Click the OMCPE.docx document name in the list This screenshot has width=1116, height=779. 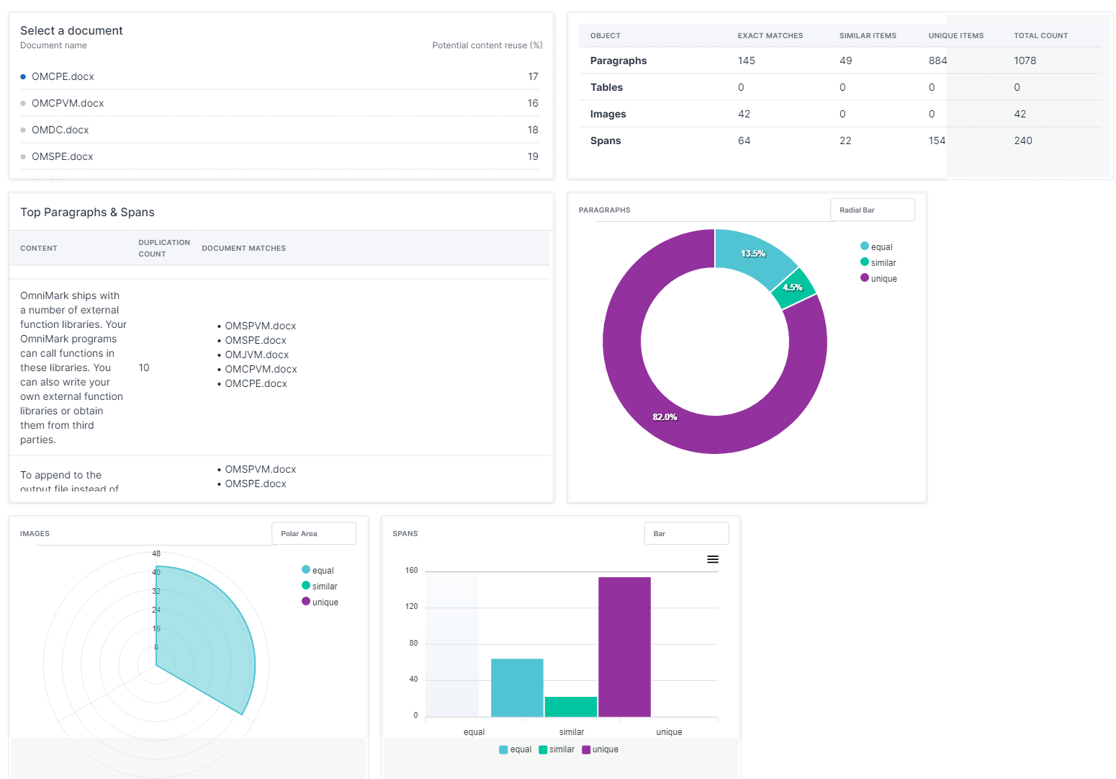coord(63,76)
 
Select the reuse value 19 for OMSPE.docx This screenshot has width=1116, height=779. coord(532,156)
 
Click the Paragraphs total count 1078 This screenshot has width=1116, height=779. coord(1025,61)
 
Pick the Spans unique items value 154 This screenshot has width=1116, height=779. coord(936,141)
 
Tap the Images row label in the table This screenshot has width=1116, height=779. coord(608,114)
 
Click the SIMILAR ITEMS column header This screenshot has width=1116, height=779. coord(867,35)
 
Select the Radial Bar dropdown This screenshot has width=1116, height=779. coord(872,210)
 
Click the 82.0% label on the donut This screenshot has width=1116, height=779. coord(664,417)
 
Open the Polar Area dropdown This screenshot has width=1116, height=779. coord(313,533)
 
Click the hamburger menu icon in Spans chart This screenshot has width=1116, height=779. coord(712,559)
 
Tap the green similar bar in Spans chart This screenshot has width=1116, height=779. coord(570,706)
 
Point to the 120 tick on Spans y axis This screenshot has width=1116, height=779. coord(411,607)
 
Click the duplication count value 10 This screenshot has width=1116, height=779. coord(144,368)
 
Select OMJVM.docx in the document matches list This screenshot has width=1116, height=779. coord(256,355)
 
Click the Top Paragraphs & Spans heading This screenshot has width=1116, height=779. coord(87,212)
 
